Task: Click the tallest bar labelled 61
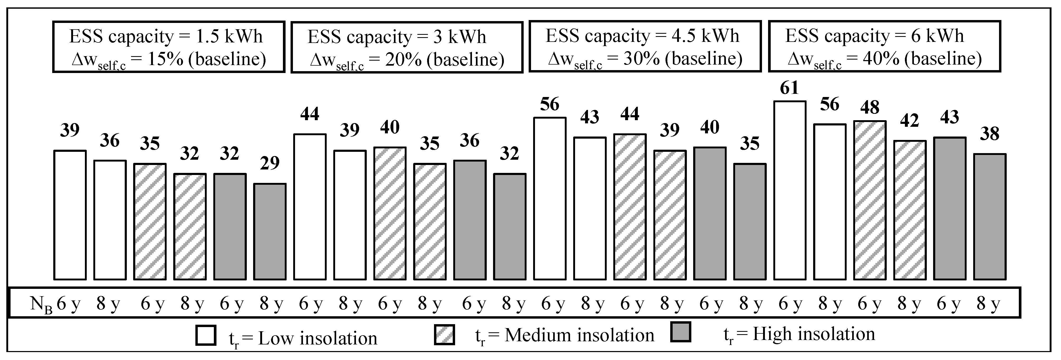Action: click(790, 190)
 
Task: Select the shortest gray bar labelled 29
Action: click(269, 231)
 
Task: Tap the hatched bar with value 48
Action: click(870, 200)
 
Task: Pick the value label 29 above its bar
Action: click(269, 163)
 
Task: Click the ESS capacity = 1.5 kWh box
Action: click(168, 47)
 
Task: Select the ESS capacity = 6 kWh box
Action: click(884, 47)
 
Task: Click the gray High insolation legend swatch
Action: click(681, 332)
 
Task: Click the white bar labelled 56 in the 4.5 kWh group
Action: click(549, 198)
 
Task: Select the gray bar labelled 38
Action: click(989, 217)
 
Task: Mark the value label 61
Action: click(789, 88)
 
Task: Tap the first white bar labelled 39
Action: click(70, 215)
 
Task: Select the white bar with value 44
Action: click(310, 207)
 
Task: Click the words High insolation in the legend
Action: click(813, 334)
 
